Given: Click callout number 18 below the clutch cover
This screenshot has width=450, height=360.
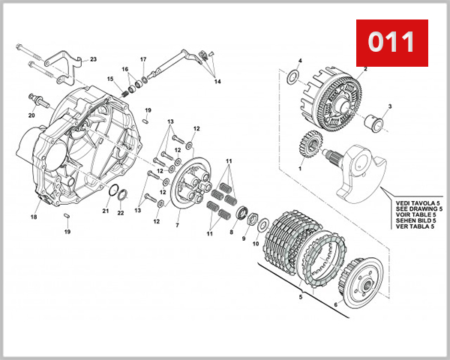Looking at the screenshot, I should pyautogui.click(x=34, y=217).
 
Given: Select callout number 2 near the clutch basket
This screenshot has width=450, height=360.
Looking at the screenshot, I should pyautogui.click(x=365, y=69).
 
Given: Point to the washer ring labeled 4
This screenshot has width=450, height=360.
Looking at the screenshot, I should pyautogui.click(x=292, y=77).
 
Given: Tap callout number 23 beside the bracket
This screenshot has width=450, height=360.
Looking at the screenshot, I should pyautogui.click(x=93, y=59).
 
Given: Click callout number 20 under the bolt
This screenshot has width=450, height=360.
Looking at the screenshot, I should pyautogui.click(x=31, y=115).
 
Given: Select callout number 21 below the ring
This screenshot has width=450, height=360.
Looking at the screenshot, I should pyautogui.click(x=106, y=211).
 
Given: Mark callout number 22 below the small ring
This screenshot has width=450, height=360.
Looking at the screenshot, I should pyautogui.click(x=121, y=213).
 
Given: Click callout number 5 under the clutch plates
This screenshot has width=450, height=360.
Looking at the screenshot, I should pyautogui.click(x=301, y=297).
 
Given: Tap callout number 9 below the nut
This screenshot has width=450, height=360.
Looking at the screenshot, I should pyautogui.click(x=244, y=238).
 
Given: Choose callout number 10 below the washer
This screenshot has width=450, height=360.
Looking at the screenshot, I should pyautogui.click(x=255, y=244).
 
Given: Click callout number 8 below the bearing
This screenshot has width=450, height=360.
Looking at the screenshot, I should pyautogui.click(x=231, y=232).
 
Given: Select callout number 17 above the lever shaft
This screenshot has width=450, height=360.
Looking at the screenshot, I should pyautogui.click(x=143, y=59).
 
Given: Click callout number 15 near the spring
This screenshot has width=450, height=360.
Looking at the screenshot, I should pyautogui.click(x=109, y=79).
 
